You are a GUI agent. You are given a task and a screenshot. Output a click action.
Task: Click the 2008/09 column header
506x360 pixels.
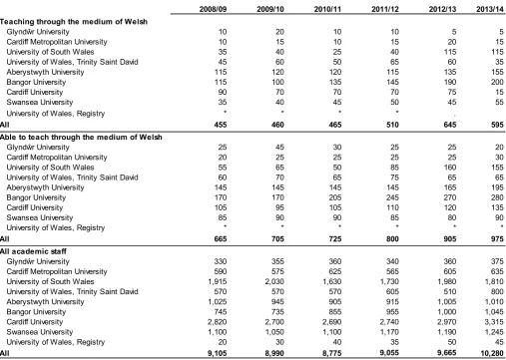213,9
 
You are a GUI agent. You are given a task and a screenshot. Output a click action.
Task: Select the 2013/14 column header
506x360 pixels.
490,9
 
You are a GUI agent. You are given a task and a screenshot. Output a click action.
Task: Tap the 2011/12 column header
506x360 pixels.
385,9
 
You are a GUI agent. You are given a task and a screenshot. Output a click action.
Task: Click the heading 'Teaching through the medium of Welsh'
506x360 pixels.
74,22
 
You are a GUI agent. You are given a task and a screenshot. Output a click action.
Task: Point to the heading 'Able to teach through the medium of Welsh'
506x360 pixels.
81,137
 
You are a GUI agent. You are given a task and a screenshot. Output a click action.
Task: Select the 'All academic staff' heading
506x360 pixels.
33,251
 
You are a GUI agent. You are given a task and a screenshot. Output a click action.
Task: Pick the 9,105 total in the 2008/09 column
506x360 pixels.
217,353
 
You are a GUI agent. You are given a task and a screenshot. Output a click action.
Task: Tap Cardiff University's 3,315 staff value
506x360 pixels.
494,322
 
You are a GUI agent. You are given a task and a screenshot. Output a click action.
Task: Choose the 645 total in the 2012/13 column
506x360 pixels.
450,125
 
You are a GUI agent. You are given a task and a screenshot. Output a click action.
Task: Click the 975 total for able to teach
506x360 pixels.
497,239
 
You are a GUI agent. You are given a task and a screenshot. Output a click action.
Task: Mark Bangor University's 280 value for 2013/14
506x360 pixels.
497,197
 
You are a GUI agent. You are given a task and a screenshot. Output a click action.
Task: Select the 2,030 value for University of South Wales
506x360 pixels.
274,281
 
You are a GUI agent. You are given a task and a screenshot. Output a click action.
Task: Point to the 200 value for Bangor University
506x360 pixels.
497,82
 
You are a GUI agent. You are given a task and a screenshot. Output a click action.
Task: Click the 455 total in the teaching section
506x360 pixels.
221,125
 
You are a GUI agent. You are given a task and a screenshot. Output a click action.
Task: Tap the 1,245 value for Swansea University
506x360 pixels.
494,332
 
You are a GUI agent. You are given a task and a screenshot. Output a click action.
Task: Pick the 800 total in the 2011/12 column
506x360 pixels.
392,239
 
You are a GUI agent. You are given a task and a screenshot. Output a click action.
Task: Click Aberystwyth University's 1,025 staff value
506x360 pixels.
218,302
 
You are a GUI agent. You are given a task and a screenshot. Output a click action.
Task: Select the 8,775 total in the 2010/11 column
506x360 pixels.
332,353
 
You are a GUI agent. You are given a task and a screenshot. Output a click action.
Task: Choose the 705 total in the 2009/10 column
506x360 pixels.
277,239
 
